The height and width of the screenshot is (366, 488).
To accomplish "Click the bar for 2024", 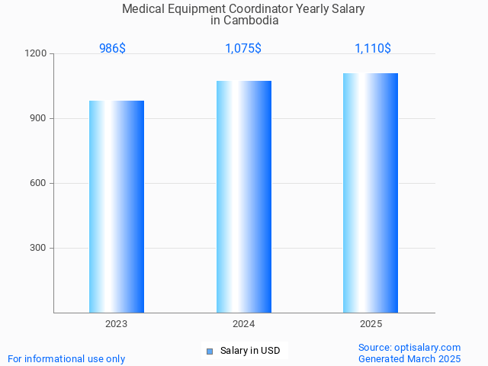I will tap(244, 196).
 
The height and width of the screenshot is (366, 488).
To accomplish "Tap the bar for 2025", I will tap(371, 192).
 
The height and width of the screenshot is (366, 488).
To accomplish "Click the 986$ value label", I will tap(112, 48).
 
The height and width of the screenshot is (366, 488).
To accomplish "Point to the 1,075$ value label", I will tap(243, 48).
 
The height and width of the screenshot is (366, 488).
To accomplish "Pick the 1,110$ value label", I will tap(373, 48).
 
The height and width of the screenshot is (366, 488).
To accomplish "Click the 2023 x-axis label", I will tap(117, 324).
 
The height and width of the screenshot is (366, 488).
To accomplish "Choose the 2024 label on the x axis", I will tap(244, 324).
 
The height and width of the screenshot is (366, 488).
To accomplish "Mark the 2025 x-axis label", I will tap(371, 324).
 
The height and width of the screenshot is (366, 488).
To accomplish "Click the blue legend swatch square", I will tap(210, 351).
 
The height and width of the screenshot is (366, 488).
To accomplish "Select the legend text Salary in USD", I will tap(250, 351).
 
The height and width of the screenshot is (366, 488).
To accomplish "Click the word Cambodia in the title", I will tap(250, 21).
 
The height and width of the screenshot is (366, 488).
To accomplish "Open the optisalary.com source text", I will tap(409, 347).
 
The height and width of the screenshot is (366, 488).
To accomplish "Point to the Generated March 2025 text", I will tap(409, 358).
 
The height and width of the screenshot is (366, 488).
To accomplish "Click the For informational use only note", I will tap(66, 358).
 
